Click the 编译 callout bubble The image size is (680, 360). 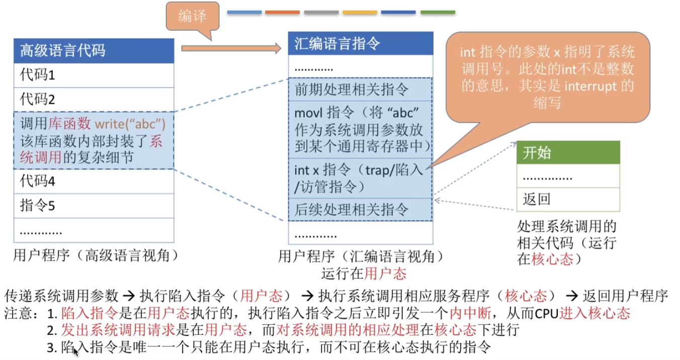(x=193, y=16)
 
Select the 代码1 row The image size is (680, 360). (x=94, y=75)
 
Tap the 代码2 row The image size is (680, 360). (x=94, y=99)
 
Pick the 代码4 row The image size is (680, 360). (x=94, y=181)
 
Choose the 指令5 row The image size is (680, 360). (x=94, y=205)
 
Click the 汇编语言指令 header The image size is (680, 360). (x=360, y=44)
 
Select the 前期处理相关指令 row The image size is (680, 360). (x=360, y=89)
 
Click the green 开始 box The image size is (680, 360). (x=568, y=152)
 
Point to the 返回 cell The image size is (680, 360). (x=568, y=200)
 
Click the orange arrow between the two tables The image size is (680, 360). (x=231, y=48)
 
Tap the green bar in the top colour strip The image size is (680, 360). (x=438, y=12)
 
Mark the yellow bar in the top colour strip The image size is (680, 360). (x=360, y=12)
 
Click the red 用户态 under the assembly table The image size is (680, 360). (x=385, y=274)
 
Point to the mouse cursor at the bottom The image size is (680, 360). (x=76, y=351)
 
